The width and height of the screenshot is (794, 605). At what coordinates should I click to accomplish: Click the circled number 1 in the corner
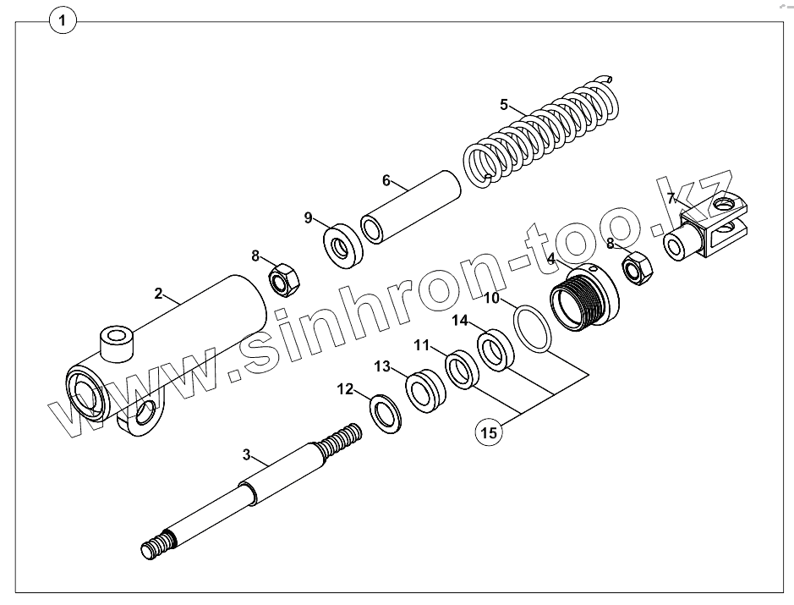(63, 19)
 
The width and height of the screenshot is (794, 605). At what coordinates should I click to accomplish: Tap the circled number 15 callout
(489, 433)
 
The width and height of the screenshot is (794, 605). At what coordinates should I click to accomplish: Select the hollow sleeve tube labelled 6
(410, 208)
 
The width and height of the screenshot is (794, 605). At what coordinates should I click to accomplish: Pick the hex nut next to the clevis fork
(636, 268)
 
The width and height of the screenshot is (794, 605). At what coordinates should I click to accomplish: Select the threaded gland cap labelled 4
(583, 296)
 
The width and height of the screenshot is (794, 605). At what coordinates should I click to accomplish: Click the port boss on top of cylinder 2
(116, 343)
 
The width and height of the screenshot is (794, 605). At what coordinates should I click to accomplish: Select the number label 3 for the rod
(247, 455)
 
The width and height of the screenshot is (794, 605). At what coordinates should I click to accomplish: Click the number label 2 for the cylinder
(158, 294)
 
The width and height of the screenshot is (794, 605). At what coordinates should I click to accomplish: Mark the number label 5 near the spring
(504, 105)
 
